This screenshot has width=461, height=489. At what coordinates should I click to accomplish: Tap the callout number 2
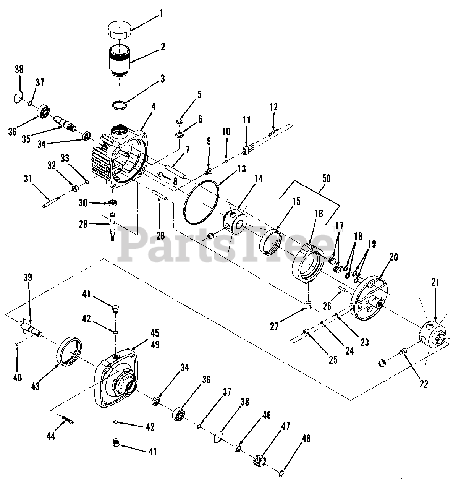163,47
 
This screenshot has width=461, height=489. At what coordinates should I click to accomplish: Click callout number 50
327,178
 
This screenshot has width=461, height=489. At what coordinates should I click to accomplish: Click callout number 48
306,439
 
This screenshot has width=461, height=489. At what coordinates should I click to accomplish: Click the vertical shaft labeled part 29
113,227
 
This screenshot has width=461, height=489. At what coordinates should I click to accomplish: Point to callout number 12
273,107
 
